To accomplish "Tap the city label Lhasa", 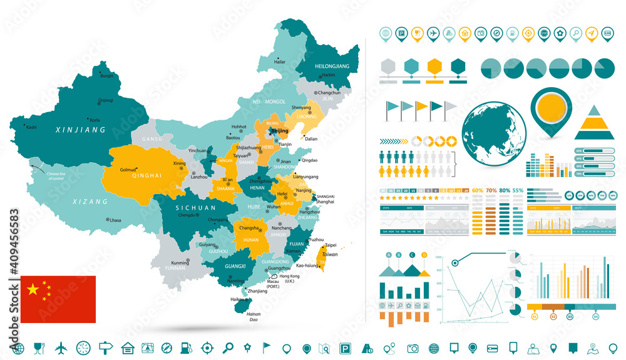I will pos(115,220).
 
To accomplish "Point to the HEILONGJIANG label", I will pos(332,66).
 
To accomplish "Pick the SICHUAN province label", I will pos(196,207).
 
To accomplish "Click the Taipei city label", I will pos(331,245).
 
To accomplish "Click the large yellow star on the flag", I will pos(33,289).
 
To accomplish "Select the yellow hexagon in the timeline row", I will pos(434,66).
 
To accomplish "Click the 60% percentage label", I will pos(477,190).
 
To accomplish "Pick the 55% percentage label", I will pos(518,190).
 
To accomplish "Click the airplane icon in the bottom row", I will pos(61,347).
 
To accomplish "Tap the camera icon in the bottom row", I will pos(413,347).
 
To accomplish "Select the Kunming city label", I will pos(180,262).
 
